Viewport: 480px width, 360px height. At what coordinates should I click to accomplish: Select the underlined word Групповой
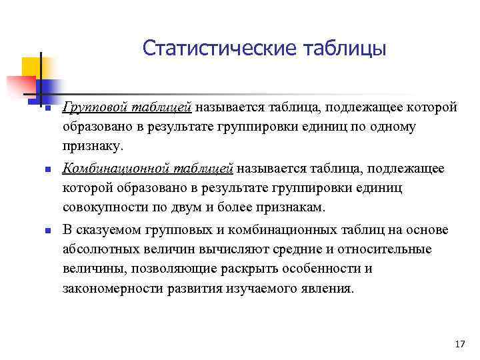click(x=92, y=107)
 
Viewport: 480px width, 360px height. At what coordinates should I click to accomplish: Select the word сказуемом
click(x=103, y=230)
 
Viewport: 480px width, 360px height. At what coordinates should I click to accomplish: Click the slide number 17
click(x=458, y=344)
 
